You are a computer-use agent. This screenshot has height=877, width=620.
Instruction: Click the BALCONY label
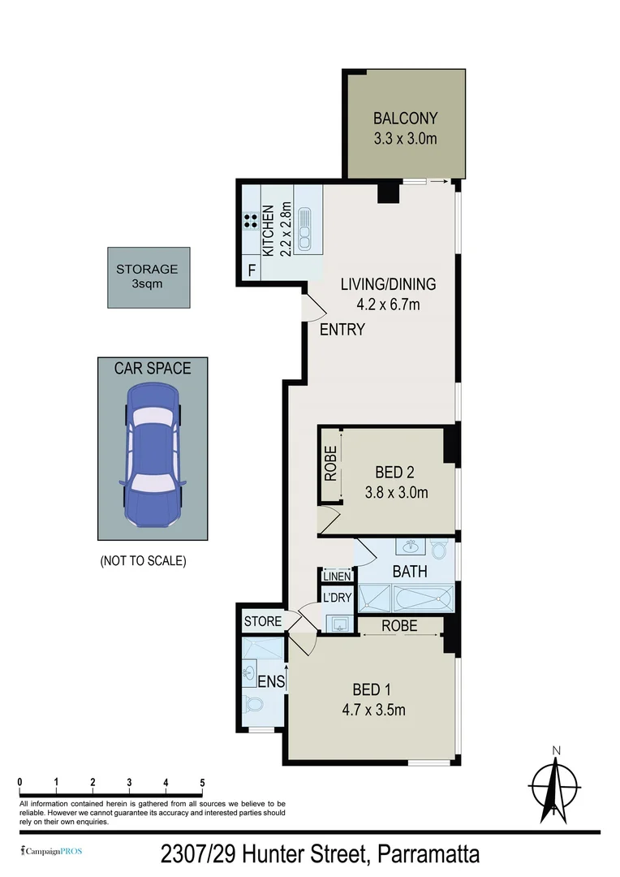[x=405, y=119]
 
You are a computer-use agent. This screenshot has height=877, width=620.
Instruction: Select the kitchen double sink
[x=304, y=228]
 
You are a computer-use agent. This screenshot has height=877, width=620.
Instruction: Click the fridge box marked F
[x=252, y=270]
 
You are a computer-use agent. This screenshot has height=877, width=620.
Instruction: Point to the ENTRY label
[x=342, y=330]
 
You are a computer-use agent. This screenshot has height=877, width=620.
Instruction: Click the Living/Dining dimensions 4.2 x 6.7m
[x=388, y=305]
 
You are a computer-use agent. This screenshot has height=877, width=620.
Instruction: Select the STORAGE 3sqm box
[x=149, y=278]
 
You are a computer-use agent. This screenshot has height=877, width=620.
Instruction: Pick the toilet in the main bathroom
[x=438, y=549]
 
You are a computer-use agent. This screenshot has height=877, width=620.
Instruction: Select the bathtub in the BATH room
[x=422, y=599]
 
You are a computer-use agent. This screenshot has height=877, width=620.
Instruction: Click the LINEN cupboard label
[x=337, y=577]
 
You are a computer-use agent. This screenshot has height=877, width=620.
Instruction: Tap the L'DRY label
[x=336, y=598]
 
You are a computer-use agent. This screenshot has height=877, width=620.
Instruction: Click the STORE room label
[x=262, y=621]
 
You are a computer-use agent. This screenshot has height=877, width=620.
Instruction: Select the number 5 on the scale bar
[x=202, y=782]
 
